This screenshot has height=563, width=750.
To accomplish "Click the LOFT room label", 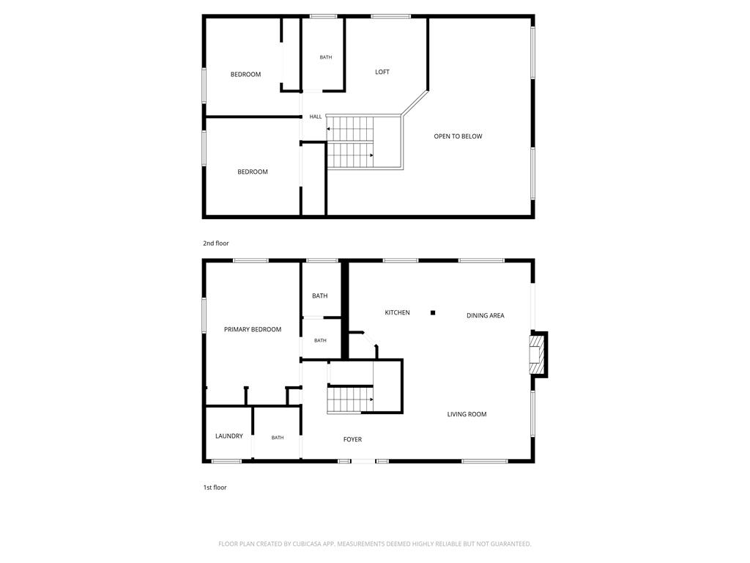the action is (382, 72).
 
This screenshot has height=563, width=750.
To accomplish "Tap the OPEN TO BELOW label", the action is (458, 136).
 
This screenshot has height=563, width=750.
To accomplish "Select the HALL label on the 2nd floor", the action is (315, 117).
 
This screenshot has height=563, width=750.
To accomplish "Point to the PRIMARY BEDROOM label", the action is (253, 329).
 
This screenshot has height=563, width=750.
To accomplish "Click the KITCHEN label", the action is (397, 312).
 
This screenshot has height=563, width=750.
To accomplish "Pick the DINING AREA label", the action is (485, 315).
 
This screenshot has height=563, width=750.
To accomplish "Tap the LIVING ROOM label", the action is (467, 415).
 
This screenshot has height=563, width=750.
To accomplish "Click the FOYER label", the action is (352, 440).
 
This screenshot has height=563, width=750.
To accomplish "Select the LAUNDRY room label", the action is (229, 436).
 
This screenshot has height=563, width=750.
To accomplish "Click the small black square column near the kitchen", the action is (433, 312).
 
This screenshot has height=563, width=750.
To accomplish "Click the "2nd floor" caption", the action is (216, 243).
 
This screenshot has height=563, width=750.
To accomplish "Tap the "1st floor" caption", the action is (215, 487).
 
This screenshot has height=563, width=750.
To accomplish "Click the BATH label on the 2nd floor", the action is (326, 57).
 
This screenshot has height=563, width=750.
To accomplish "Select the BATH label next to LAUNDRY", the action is (278, 438).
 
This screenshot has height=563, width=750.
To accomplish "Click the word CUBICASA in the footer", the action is (307, 544).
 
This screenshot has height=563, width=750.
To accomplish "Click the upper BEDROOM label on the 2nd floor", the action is (245, 75).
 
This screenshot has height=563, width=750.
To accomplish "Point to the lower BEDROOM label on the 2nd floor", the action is (253, 172).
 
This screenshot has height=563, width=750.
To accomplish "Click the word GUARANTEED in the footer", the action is (511, 544).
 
